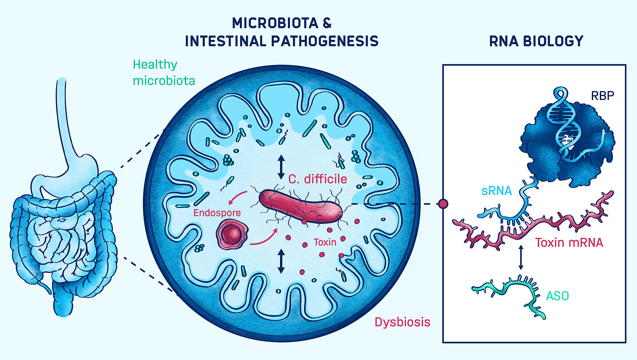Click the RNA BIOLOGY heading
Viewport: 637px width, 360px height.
coord(536,41)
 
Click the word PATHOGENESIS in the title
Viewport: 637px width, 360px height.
coord(324,41)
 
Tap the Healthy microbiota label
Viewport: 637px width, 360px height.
coord(164,72)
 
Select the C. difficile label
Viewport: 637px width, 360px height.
coord(318,179)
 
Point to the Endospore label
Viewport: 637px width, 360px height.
coord(217,213)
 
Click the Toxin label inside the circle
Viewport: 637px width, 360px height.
coord(325,242)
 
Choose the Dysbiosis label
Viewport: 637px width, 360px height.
coord(402,322)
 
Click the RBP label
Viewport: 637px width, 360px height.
coord(602,96)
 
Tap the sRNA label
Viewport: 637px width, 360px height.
coord(497,191)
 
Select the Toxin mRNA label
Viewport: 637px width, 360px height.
coord(569,243)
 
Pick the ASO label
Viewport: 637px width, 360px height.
coord(557,296)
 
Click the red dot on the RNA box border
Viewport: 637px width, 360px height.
coord(443,204)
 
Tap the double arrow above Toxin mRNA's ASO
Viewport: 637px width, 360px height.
coord(521,257)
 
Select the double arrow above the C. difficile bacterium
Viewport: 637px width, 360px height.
coord(281,167)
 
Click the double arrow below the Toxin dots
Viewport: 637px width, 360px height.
coord(281,261)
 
